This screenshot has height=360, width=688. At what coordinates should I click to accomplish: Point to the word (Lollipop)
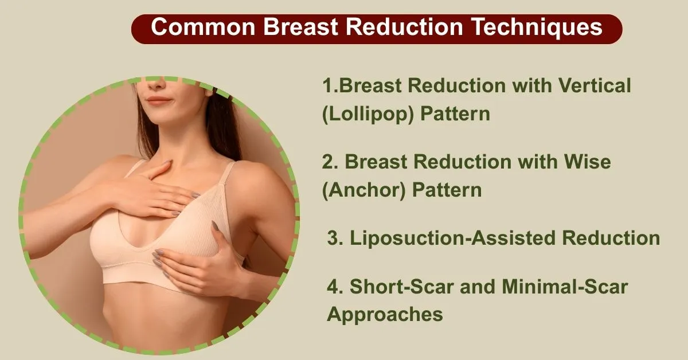[368, 114]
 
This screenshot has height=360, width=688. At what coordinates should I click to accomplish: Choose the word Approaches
[385, 314]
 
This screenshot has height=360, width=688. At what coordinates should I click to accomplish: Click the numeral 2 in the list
[327, 162]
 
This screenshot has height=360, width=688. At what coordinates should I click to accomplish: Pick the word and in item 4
[478, 286]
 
